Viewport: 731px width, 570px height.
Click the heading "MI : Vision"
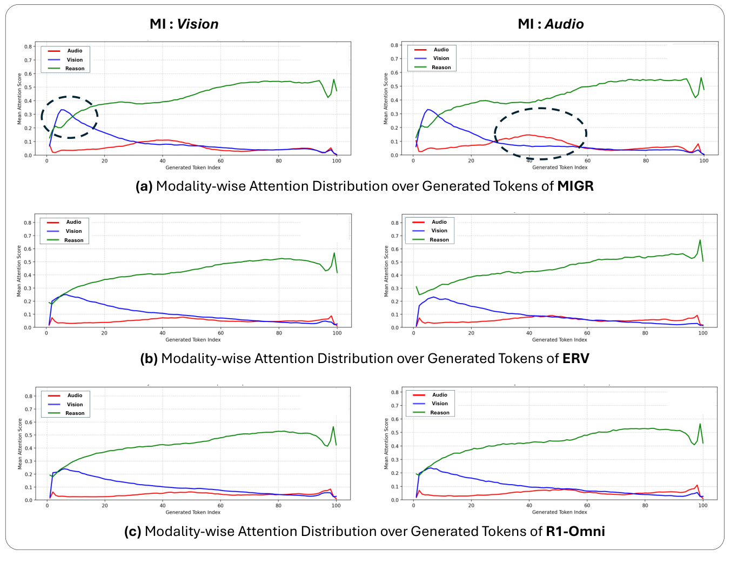(x=184, y=24)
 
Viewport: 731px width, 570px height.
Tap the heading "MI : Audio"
(x=551, y=24)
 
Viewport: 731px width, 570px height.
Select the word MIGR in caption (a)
(x=575, y=186)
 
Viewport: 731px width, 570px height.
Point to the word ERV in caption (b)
(x=575, y=359)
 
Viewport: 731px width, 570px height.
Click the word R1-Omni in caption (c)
(x=575, y=532)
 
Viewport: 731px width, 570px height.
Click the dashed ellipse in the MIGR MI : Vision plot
(x=70, y=117)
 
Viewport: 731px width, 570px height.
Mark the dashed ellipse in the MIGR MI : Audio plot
(x=540, y=133)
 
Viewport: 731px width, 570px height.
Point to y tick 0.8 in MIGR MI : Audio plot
(x=394, y=45)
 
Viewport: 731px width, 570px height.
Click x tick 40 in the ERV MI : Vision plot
(x=163, y=333)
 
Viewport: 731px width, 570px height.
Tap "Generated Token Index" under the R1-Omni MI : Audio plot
(x=559, y=512)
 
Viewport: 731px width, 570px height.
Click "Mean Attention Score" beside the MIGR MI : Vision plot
(x=20, y=99)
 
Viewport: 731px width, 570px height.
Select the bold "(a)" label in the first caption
(x=144, y=186)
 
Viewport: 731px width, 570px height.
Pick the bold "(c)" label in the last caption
(x=133, y=532)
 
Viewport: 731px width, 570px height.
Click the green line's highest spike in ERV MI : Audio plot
(x=700, y=240)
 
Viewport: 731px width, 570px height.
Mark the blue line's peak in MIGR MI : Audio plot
(x=428, y=110)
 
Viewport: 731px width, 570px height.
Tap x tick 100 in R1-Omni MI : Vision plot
(x=336, y=506)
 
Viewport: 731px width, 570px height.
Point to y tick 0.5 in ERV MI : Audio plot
(x=394, y=262)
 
